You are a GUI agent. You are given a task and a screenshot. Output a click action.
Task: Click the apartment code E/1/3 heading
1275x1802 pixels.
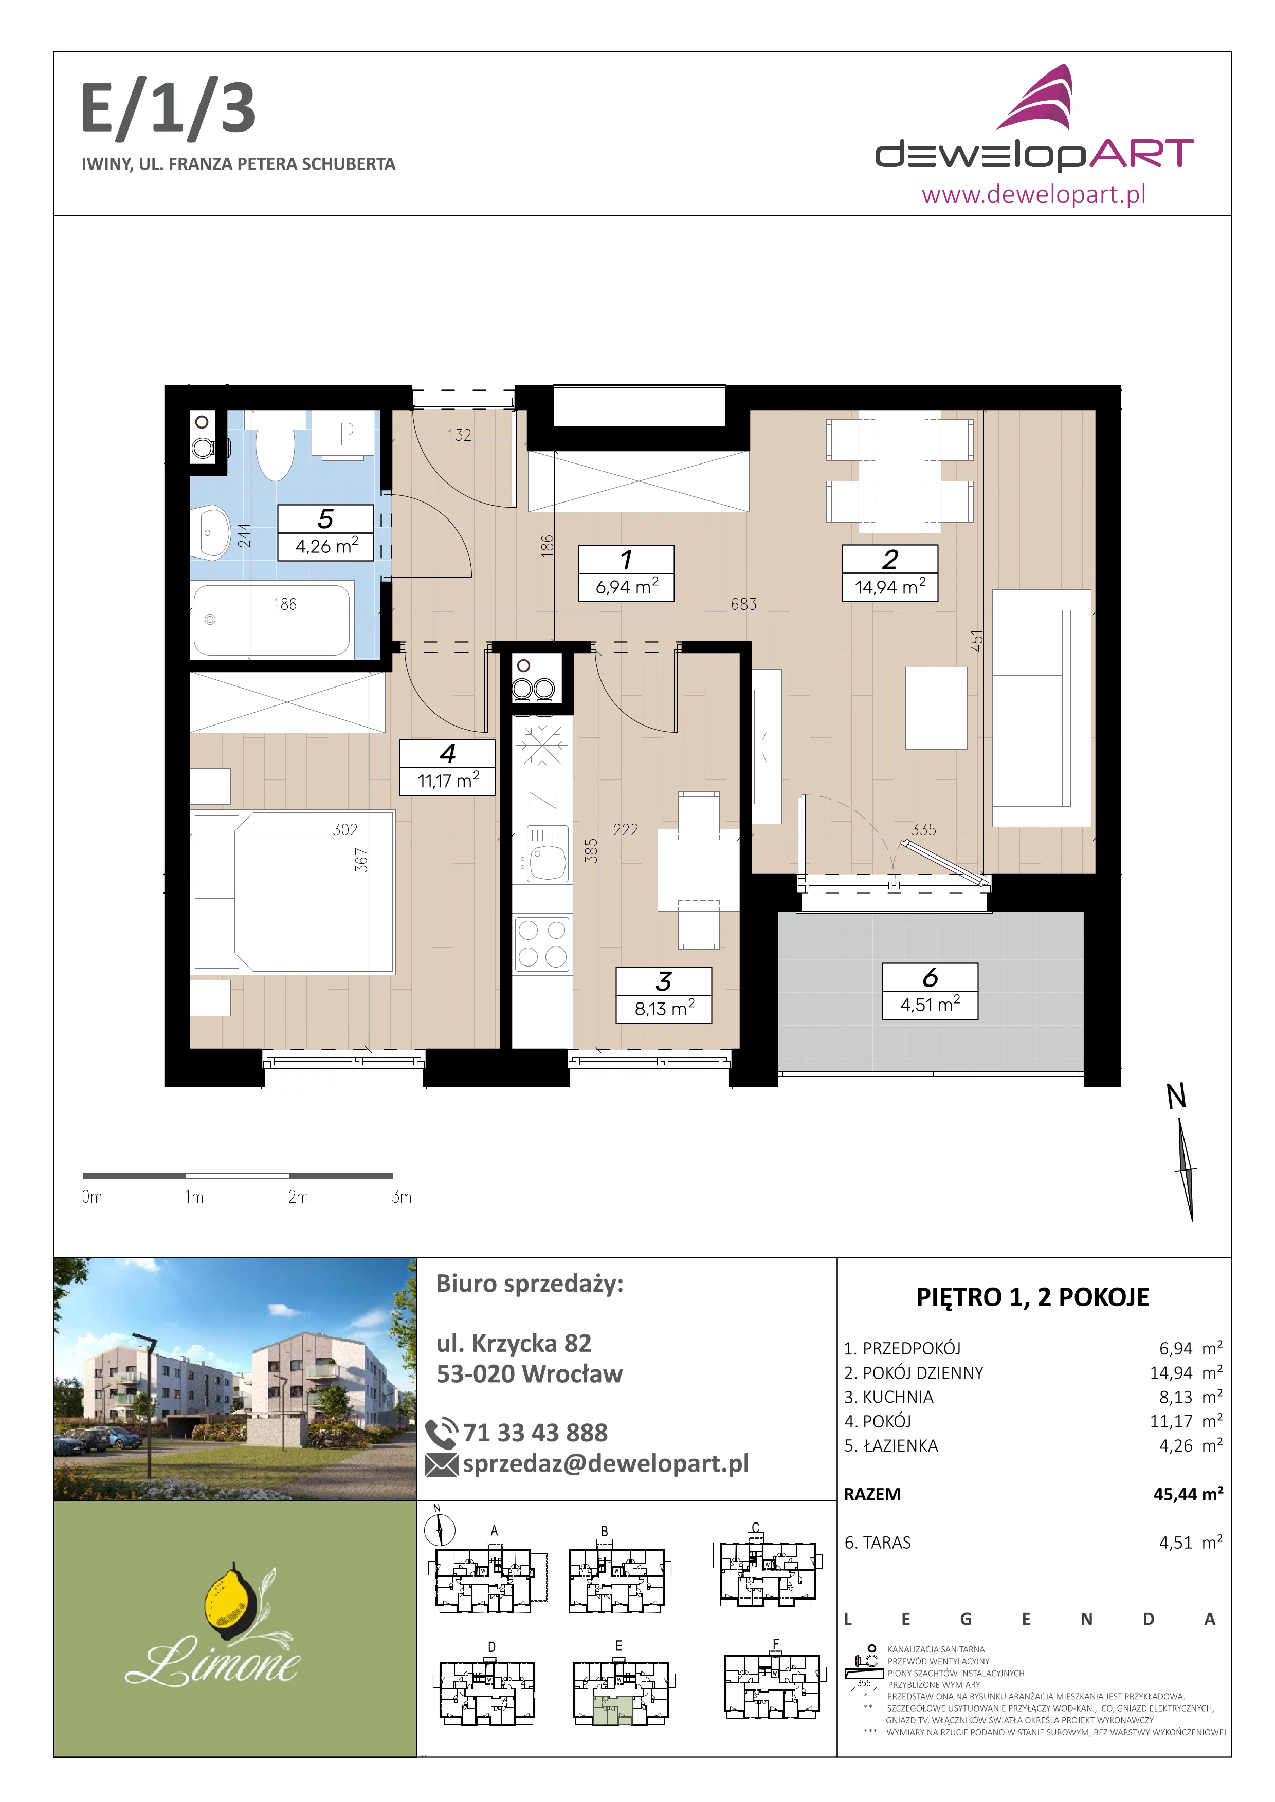[168, 110]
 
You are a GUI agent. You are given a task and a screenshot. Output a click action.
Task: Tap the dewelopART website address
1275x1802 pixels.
[1033, 193]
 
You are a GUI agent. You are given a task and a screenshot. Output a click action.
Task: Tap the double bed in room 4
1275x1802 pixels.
[294, 893]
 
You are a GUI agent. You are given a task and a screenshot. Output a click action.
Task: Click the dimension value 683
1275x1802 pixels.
[743, 604]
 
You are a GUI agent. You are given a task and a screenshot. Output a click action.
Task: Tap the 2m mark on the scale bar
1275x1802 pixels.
[298, 1197]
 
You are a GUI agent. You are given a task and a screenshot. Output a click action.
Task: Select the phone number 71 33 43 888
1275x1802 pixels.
[535, 1433]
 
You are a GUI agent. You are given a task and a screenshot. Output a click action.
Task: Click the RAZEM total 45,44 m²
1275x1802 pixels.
[1188, 1494]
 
